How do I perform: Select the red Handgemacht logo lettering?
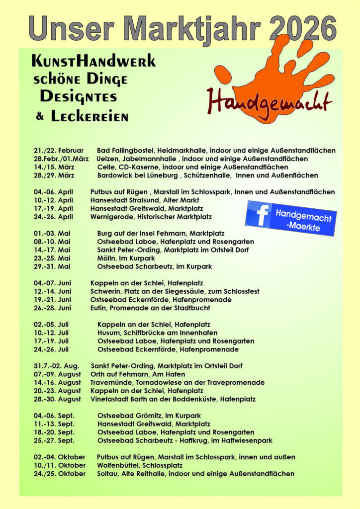click(x=269, y=101)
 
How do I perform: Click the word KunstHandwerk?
click(x=93, y=62)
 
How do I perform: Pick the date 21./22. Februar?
click(x=59, y=150)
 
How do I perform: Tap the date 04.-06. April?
click(x=53, y=192)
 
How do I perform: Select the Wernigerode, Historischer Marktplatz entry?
click(x=151, y=217)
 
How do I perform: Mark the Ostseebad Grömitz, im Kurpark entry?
click(x=150, y=416)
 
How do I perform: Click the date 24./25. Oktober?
click(x=59, y=474)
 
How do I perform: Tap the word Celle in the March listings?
click(x=105, y=167)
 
